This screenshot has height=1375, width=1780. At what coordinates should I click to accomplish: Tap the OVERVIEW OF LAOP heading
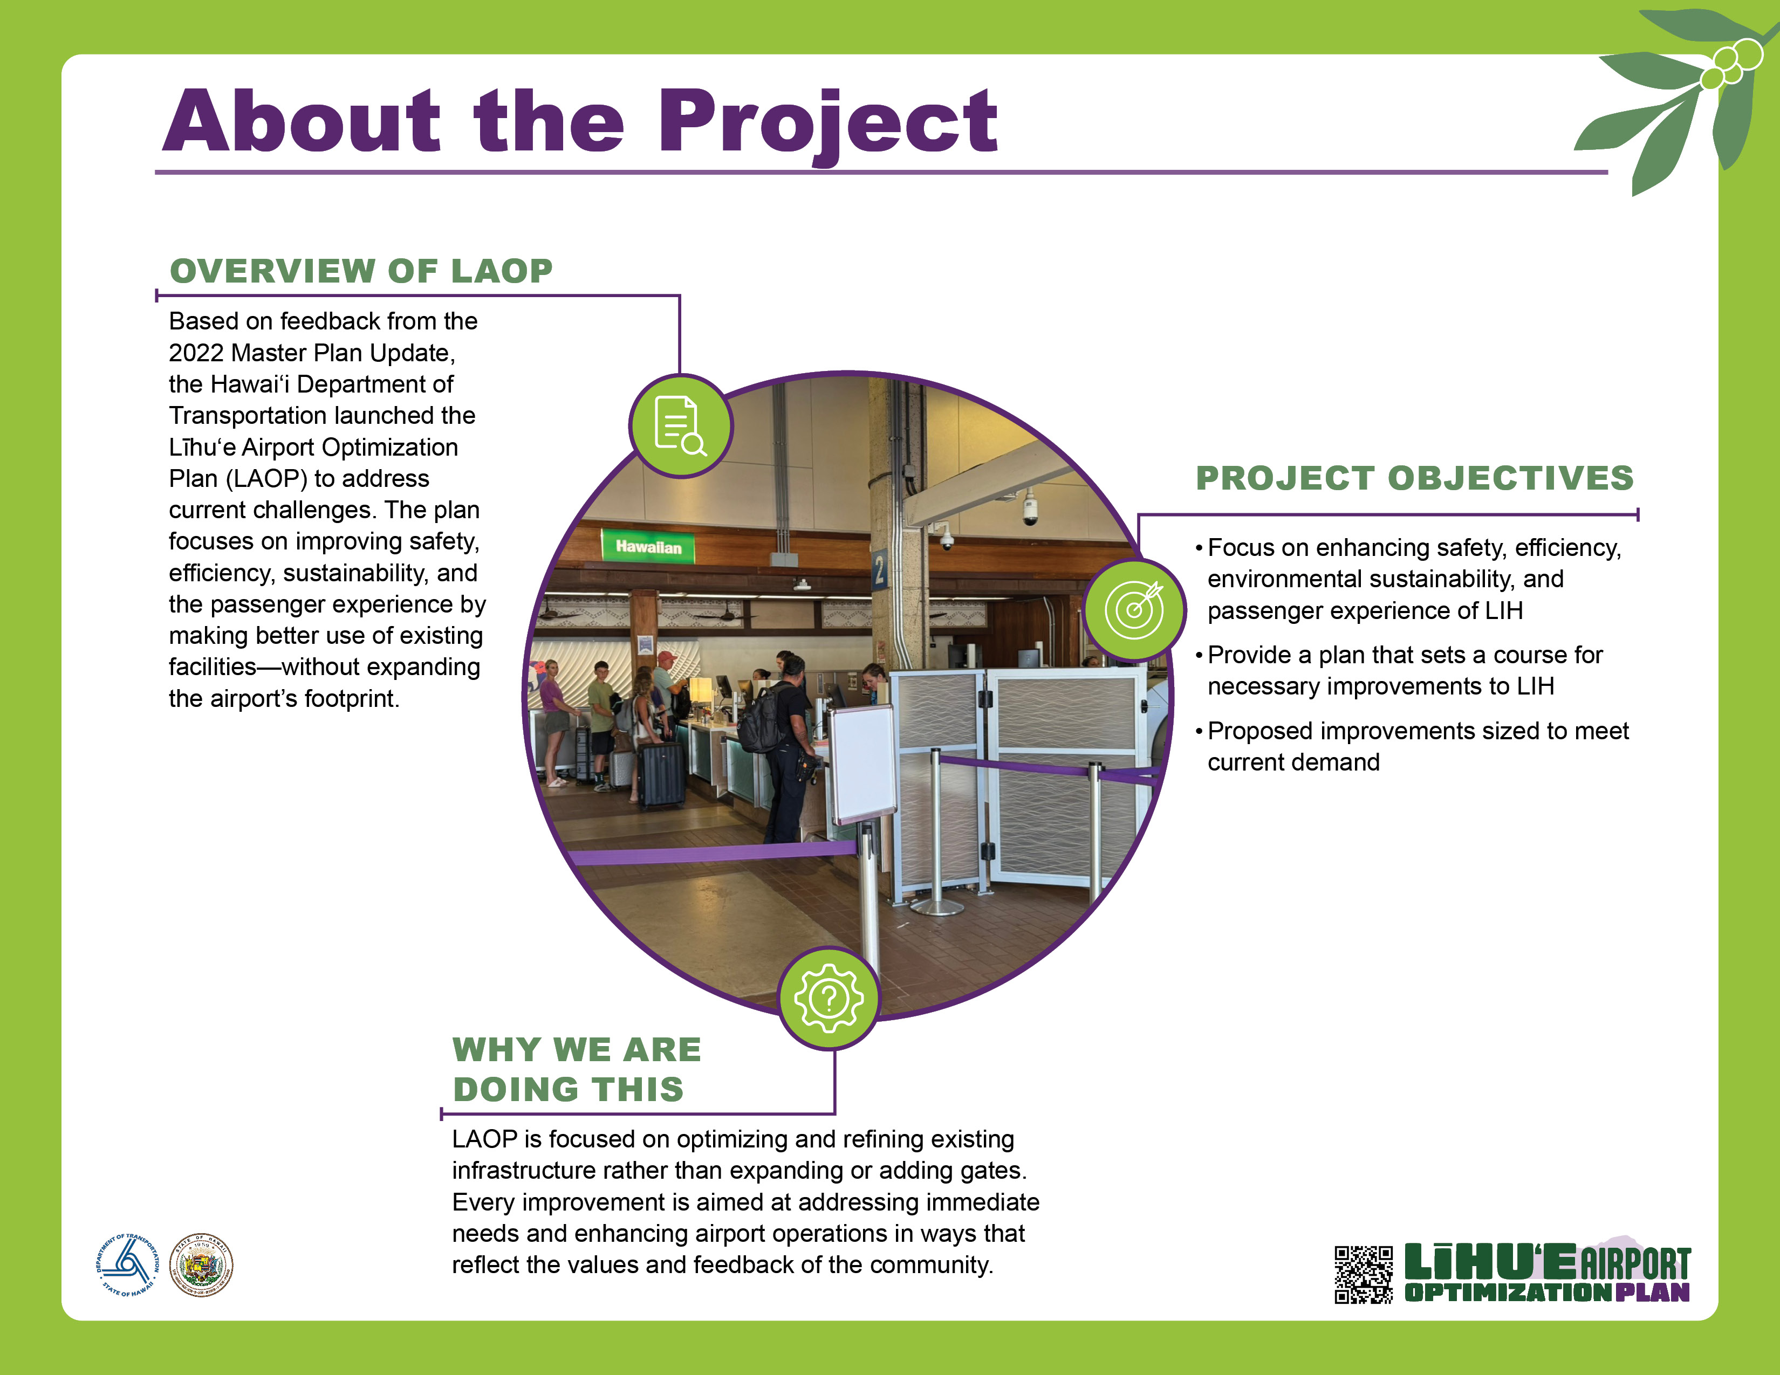pos(361,271)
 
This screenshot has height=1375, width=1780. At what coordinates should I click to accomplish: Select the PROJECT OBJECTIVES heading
pos(1415,478)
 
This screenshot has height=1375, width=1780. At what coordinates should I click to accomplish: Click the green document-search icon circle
pos(681,425)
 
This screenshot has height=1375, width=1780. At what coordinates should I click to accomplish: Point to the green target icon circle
pos(1134,609)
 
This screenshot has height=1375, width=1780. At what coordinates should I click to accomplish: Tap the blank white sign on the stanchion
pos(863,762)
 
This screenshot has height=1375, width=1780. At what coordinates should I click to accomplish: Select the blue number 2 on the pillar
pos(879,570)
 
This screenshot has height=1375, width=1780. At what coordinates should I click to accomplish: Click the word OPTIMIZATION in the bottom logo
pos(1508,1292)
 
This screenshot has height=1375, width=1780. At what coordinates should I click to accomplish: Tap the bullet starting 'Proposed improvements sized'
pos(1412,746)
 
